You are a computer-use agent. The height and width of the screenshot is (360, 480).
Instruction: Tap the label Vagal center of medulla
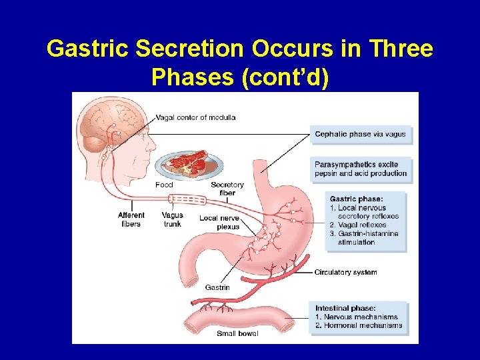coord(195,118)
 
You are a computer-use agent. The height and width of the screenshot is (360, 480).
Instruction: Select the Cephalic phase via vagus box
coord(360,134)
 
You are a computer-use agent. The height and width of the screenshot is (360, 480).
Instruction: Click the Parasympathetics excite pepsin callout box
coord(361,169)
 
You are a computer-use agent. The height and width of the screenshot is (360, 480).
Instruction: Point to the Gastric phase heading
coord(356,199)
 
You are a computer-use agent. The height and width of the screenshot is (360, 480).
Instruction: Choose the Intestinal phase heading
coord(345,308)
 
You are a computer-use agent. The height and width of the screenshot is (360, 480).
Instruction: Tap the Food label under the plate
coord(164,185)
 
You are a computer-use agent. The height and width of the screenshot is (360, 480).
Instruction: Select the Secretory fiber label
coord(227,189)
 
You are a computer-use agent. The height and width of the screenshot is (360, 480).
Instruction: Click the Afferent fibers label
coord(131,219)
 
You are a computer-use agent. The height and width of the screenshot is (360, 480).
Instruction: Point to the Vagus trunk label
coord(172,219)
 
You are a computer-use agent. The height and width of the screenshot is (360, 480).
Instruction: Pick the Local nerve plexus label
coord(219,222)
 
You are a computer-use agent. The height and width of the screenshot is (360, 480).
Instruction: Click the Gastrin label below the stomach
coord(217,287)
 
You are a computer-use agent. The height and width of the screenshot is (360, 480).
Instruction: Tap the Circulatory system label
coord(345,272)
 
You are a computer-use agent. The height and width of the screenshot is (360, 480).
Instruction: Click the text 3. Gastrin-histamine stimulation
coord(364,238)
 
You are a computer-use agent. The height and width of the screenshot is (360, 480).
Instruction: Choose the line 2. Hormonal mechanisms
coord(359,325)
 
